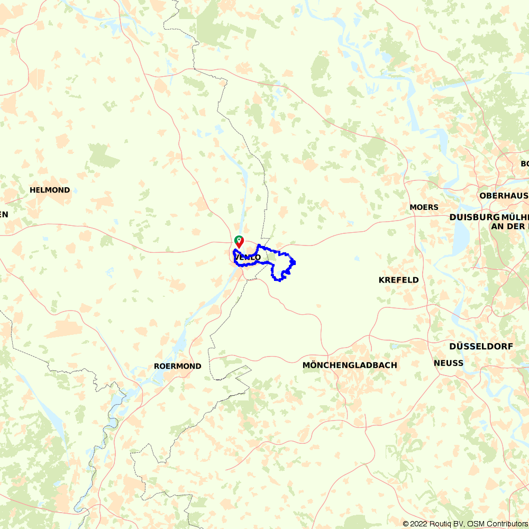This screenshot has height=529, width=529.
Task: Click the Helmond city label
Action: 50,190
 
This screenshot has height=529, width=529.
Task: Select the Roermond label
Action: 177,366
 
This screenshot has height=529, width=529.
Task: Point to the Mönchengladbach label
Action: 350,365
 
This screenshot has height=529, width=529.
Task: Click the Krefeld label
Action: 398,280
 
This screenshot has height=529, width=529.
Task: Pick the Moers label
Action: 424,207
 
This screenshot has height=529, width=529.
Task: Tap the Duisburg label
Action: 475,217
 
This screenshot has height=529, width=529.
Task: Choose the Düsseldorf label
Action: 481,346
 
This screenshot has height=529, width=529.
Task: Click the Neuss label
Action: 448,363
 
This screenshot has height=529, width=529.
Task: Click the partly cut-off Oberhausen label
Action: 504,195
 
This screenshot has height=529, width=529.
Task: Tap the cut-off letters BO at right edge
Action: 524,163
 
